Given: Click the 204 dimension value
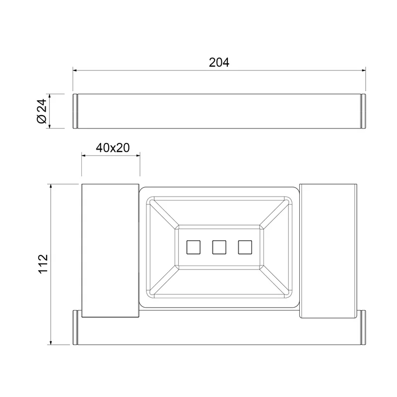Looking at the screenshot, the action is coord(219,63).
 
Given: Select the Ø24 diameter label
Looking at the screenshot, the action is coord(42,111).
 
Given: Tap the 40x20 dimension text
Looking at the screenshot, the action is coord(113,147).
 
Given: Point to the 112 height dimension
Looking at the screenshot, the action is coord(43,264).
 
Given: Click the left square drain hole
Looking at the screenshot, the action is coord(194,247).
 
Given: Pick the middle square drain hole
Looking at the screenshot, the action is coord(219,247).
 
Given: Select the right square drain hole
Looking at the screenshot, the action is coord(245,247).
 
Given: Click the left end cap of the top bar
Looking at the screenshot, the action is coord(75,111).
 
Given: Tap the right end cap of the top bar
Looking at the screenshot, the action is coord(363,111).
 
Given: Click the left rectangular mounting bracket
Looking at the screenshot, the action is coord(110,251).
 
